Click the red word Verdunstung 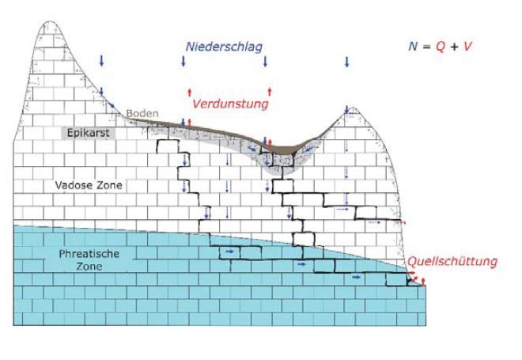click(x=230, y=104)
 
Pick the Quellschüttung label click(x=453, y=262)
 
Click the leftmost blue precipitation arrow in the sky click(x=102, y=61)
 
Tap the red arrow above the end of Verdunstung click(x=270, y=91)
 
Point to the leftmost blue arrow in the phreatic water click(x=231, y=251)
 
